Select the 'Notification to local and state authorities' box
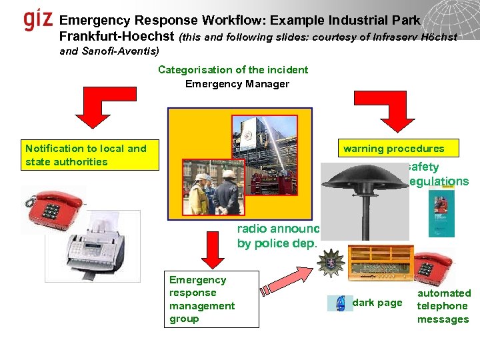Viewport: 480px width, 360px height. [x=90, y=155]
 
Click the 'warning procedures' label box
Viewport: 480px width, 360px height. [x=393, y=149]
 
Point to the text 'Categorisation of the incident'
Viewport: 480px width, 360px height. [x=233, y=70]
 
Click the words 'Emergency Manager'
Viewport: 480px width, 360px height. [x=237, y=84]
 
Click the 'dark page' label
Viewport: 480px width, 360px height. [x=377, y=303]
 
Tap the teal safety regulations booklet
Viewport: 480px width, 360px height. [x=441, y=213]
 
